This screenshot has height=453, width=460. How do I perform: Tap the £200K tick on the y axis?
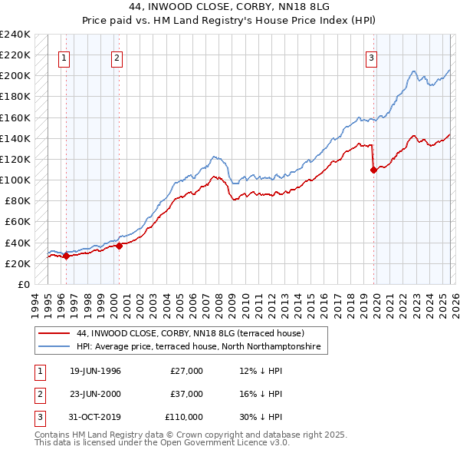15,76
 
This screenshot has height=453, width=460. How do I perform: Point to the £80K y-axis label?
17,201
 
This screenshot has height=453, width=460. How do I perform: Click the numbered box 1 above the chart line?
64,57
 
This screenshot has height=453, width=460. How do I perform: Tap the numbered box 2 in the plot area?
117,57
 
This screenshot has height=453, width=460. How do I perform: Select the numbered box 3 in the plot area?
371,57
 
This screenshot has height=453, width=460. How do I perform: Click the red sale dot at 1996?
67,256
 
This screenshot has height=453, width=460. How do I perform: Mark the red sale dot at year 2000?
120,246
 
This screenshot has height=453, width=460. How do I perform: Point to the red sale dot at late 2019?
373,170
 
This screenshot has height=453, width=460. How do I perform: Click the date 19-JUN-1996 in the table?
95,371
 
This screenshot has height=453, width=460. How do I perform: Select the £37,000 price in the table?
186,394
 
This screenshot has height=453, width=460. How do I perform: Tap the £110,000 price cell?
184,417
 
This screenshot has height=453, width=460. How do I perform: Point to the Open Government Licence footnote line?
162,443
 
